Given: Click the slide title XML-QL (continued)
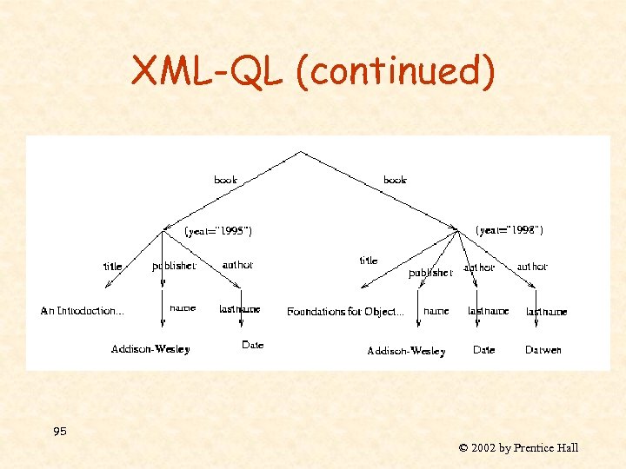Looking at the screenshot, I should click(x=313, y=71).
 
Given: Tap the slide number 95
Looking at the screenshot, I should click(x=59, y=432).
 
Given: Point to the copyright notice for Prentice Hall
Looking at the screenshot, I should click(x=518, y=448).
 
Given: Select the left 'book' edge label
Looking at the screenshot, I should click(x=225, y=180).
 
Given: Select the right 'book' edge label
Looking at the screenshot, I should click(x=395, y=180).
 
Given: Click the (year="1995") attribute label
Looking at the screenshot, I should click(x=218, y=231).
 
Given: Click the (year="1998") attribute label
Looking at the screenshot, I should click(x=510, y=230).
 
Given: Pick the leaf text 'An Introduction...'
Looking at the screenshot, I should click(x=83, y=310).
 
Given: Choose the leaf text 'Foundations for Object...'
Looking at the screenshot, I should click(x=345, y=311).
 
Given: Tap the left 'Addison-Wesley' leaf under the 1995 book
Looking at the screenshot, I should click(x=150, y=349).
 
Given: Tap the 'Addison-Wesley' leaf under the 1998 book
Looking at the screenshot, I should click(x=406, y=351).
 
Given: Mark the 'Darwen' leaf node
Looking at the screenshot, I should click(x=543, y=350).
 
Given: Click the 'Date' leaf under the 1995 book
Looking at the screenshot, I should click(x=252, y=345).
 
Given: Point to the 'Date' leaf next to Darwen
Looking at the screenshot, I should click(x=483, y=350).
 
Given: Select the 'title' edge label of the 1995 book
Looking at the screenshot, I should click(x=113, y=267).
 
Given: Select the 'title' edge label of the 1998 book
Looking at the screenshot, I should click(x=369, y=261).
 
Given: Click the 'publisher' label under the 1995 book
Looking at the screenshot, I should click(x=174, y=266).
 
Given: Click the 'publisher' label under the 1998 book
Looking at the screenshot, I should click(x=430, y=273).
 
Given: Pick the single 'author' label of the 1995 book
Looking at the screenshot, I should click(x=237, y=265).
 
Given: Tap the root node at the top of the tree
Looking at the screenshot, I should click(x=301, y=151).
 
